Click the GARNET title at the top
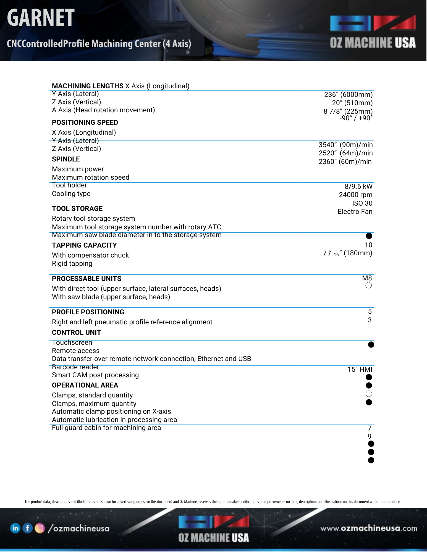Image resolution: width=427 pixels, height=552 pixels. [x=41, y=17]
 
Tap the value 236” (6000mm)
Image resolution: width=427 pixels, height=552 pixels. [x=348, y=95]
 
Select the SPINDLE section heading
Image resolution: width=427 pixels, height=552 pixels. [x=66, y=159]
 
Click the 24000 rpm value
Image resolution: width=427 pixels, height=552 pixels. [x=355, y=195]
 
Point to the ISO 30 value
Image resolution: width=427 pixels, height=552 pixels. [x=362, y=203]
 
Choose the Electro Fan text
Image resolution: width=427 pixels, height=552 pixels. [x=355, y=212]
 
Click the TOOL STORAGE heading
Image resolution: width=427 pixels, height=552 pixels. [x=77, y=209]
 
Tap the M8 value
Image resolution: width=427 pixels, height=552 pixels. [x=367, y=278]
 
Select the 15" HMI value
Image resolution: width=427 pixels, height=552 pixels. [x=360, y=370]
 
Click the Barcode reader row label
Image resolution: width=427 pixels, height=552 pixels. [x=75, y=367]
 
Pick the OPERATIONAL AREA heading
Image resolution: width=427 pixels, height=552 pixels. [x=85, y=385]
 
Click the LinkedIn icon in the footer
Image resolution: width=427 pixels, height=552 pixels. [x=15, y=528]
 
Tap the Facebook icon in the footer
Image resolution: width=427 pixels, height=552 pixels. [x=27, y=528]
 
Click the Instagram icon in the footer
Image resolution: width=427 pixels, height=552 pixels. [x=40, y=528]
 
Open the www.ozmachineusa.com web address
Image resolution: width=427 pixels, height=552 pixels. [x=369, y=529]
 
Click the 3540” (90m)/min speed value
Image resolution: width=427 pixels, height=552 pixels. [x=345, y=145]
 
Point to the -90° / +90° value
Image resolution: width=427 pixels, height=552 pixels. [x=356, y=118]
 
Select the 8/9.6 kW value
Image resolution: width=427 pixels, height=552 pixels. [x=358, y=187]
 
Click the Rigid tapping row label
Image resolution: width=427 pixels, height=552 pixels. [x=72, y=264]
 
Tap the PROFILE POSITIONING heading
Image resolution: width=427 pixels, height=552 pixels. [x=88, y=312]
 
